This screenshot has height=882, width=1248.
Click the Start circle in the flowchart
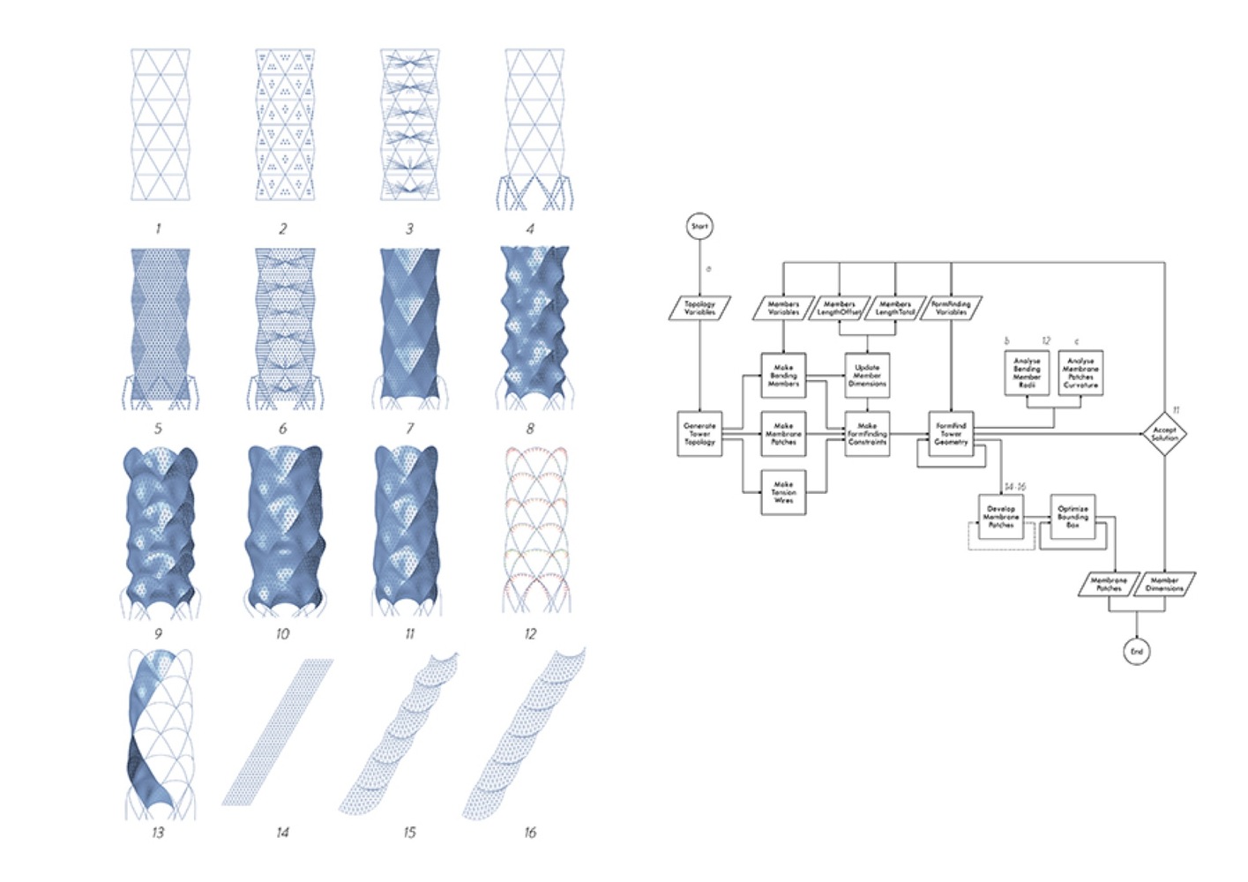(x=699, y=227)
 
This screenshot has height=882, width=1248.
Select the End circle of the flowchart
(x=1137, y=652)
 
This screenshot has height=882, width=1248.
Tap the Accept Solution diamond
(x=1164, y=434)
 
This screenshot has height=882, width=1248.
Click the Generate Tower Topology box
(x=699, y=434)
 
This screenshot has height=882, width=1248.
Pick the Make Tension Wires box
(x=783, y=492)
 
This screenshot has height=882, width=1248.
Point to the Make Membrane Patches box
(x=783, y=434)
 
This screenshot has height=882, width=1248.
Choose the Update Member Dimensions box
(x=867, y=376)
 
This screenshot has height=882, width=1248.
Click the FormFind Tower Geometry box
(x=951, y=434)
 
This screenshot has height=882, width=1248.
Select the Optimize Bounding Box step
(x=1072, y=517)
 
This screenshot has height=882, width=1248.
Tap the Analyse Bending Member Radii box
(x=1027, y=373)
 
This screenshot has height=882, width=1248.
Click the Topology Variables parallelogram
(x=699, y=308)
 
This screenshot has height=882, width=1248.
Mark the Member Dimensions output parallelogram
(x=1164, y=584)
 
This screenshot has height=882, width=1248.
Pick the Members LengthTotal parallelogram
(x=894, y=308)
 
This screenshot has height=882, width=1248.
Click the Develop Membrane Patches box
(x=1001, y=517)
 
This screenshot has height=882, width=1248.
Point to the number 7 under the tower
(x=409, y=429)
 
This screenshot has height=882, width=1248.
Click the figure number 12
(x=530, y=633)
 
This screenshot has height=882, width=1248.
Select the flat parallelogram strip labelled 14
(x=278, y=732)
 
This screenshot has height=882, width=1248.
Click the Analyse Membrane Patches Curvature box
(x=1080, y=373)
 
